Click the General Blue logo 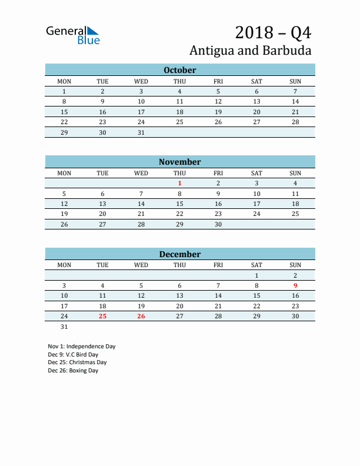point(73,35)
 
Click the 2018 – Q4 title point(273,32)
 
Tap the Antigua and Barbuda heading point(251,50)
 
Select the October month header point(179,70)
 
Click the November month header point(179,162)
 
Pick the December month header point(179,254)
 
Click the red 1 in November point(179,183)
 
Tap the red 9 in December point(295,285)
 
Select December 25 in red point(102,316)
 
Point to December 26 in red point(141,316)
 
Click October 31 point(141,132)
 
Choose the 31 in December point(64,327)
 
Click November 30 point(218,224)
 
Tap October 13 point(256,102)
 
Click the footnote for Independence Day point(82,346)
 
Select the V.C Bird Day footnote point(73,354)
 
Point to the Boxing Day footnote point(73,371)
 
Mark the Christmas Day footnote point(77,362)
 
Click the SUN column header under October point(295,81)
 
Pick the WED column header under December point(141,265)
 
